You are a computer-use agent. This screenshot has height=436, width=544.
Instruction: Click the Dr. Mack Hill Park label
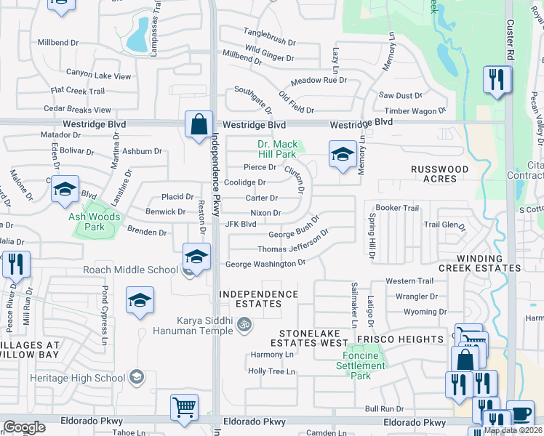point(276,149)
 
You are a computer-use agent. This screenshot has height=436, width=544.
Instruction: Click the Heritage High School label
point(77,378)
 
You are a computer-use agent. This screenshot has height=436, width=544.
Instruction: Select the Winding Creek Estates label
point(489,263)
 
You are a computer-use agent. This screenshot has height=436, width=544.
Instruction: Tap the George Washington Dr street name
point(265,264)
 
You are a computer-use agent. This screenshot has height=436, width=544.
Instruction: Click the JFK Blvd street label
point(241,225)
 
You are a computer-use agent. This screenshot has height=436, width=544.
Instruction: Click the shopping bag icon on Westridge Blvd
point(199,124)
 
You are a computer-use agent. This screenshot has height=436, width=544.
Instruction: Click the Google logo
point(25,427)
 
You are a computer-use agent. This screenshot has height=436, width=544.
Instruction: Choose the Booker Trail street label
point(397,208)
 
